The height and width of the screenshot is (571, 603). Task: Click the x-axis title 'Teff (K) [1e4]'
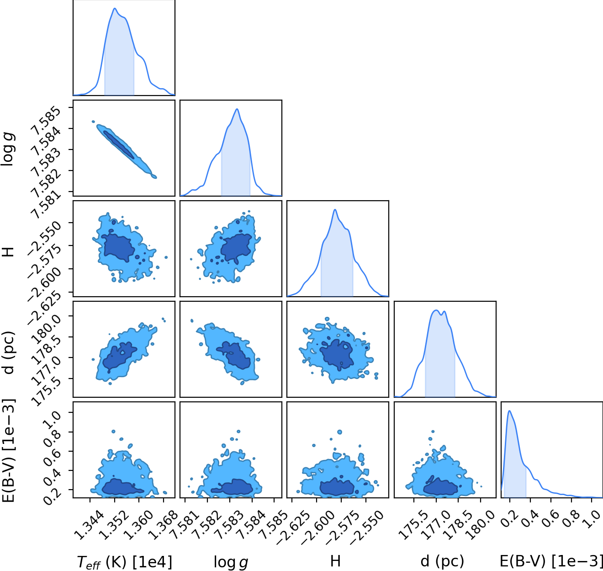(x=124, y=561)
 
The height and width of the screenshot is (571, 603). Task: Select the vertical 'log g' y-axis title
(x=8, y=149)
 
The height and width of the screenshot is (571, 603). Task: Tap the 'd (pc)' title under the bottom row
(x=442, y=561)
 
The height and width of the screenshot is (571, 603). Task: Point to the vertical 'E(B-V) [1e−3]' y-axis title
(x=8, y=451)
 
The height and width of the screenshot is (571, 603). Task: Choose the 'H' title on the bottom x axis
(x=335, y=561)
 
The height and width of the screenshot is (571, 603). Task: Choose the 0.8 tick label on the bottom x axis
(x=571, y=519)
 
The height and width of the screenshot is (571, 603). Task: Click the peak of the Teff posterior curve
(x=115, y=8)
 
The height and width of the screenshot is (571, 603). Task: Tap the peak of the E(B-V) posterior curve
(x=509, y=411)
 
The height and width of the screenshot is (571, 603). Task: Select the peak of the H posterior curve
(x=335, y=210)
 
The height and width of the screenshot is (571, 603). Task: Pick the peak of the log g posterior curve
(x=237, y=109)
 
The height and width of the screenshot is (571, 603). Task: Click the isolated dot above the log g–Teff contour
(x=93, y=122)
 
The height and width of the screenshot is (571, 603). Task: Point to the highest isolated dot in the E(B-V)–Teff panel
(x=113, y=431)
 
